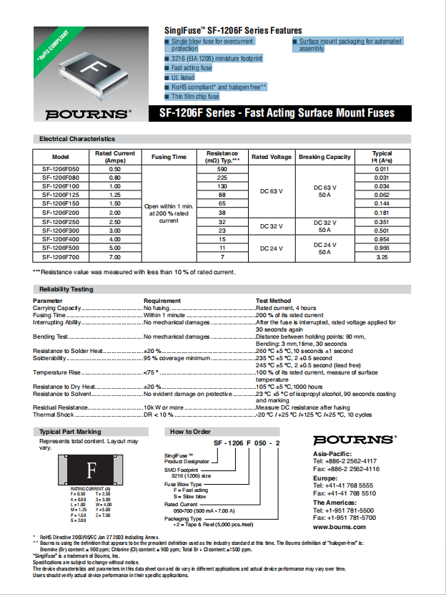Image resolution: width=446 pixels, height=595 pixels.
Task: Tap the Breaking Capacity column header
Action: [x=324, y=157]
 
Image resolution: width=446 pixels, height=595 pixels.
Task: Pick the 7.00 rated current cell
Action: [x=114, y=256]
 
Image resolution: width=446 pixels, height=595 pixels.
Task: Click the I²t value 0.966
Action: [x=382, y=247]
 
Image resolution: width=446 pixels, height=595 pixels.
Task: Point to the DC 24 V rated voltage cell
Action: [x=271, y=248]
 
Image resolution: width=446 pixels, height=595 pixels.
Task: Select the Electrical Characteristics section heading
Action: [x=77, y=139]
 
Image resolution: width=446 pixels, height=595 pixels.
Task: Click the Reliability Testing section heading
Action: [x=66, y=289]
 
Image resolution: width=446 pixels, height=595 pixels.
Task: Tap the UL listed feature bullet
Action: [x=182, y=77]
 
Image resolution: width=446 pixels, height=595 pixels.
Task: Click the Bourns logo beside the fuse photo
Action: [x=88, y=114]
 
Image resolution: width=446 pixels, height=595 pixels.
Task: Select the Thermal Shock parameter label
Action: [x=54, y=415]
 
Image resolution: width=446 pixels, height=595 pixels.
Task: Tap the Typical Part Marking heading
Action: [x=70, y=432]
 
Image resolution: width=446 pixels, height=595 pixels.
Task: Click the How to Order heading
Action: [x=190, y=432]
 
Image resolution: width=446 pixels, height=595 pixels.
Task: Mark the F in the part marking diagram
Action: [x=91, y=471]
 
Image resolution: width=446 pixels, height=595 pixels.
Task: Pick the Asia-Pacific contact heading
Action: [x=332, y=454]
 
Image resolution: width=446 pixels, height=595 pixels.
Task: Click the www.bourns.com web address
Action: [x=339, y=526]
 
